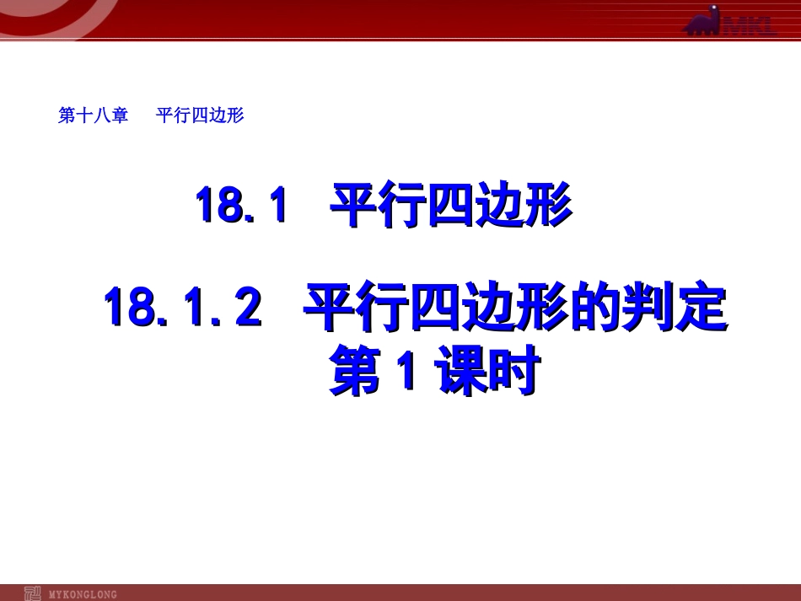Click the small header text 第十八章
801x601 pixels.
pyautogui.click(x=93, y=115)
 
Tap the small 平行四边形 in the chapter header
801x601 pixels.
pyautogui.click(x=200, y=115)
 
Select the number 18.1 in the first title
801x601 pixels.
pyautogui.click(x=242, y=206)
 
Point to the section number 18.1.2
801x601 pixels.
pyautogui.click(x=182, y=307)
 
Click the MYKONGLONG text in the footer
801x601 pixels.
pyautogui.click(x=83, y=594)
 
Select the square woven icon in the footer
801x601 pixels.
pyautogui.click(x=33, y=593)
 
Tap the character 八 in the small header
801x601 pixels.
pyautogui.click(x=101, y=115)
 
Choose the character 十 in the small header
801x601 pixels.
pyautogui.click(x=83, y=115)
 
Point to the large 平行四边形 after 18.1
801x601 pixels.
pyautogui.click(x=451, y=206)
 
